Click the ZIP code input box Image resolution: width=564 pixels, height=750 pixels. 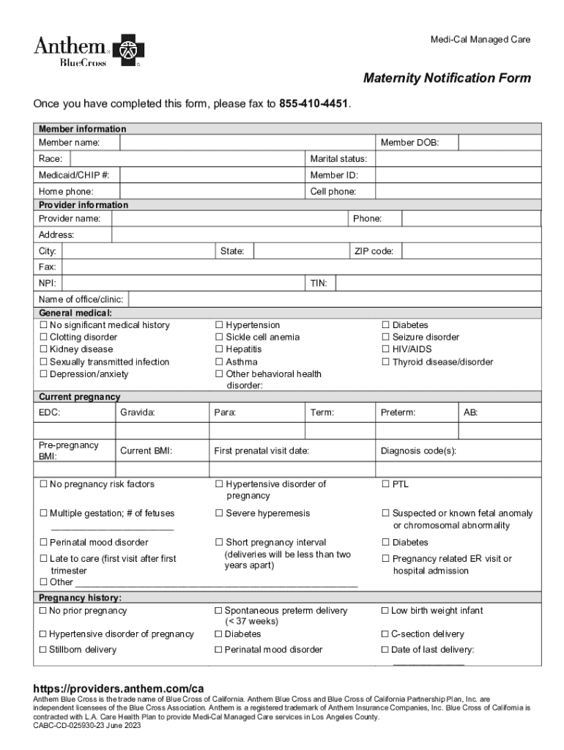[471, 251]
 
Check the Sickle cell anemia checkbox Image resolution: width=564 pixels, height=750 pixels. [218, 338]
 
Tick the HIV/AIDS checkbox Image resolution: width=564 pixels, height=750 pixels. [385, 349]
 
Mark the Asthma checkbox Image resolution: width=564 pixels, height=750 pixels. [218, 362]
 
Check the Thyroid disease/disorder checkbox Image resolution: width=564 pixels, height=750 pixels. [385, 362]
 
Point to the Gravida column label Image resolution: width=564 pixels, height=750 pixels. [138, 413]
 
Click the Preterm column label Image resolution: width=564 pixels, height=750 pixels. [398, 413]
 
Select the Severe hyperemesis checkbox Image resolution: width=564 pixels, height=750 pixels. [218, 513]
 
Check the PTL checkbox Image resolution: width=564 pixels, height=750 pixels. [385, 484]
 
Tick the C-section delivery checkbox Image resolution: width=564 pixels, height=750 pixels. [385, 634]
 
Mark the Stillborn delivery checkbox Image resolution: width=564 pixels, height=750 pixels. [42, 650]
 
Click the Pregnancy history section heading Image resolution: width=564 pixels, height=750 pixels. [80, 598]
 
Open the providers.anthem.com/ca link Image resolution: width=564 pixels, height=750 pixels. [118, 689]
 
